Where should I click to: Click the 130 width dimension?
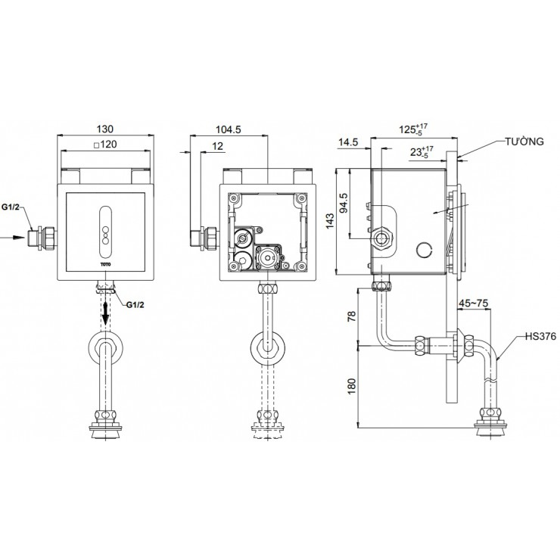(107, 130)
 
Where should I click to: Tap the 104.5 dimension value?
(228, 130)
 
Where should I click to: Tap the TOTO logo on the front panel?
(105, 264)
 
